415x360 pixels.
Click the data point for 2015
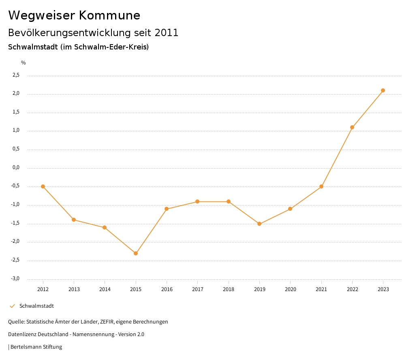pos(136,253)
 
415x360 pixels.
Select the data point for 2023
pos(383,90)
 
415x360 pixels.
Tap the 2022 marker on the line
pos(352,127)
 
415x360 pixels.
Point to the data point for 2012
pos(43,186)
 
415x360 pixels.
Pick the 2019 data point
pos(259,224)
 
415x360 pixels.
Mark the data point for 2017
pos(197,201)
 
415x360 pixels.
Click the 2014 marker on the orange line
pos(105,227)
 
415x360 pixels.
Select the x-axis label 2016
pos(167,289)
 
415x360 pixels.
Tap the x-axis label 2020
pos(290,289)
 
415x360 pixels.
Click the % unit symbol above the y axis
pos(24,63)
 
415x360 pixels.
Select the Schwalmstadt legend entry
pos(36,306)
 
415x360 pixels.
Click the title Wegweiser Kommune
pos(74,15)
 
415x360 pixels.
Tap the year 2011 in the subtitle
pos(167,33)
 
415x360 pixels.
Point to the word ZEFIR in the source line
pos(106,322)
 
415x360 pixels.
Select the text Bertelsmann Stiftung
pos(36,347)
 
